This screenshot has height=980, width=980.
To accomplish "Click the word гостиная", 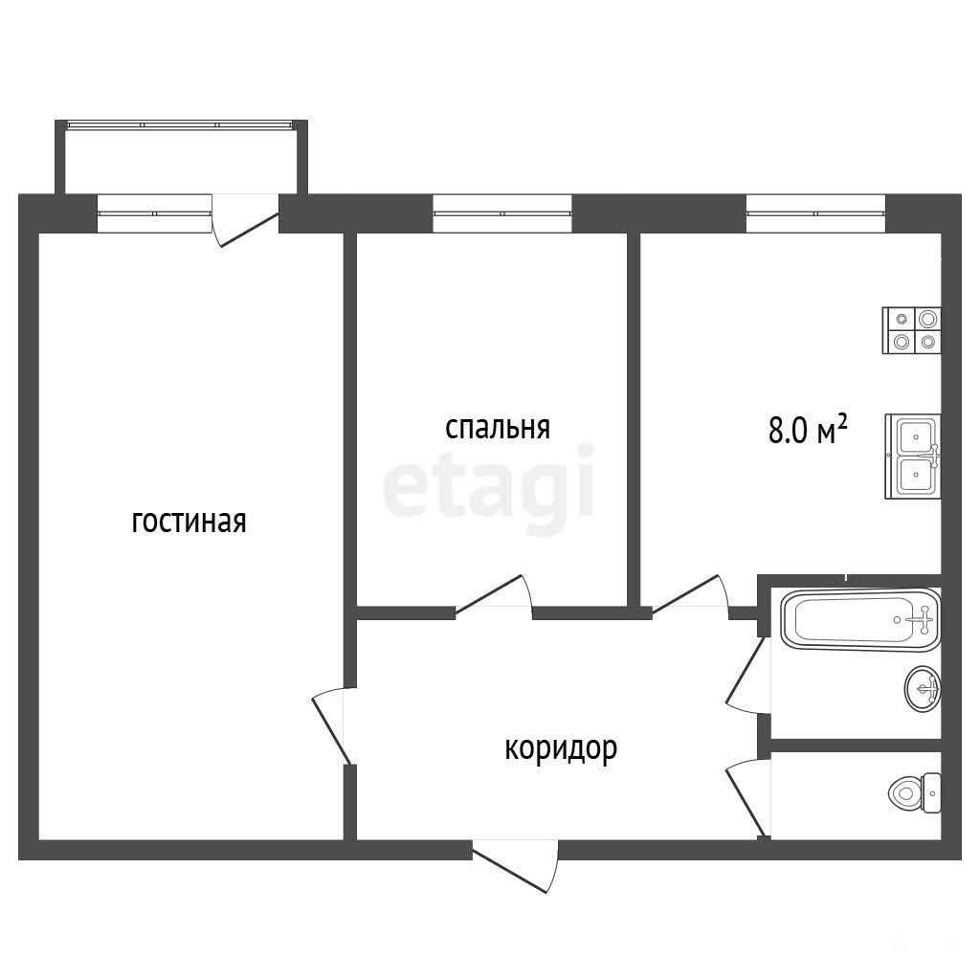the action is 189,523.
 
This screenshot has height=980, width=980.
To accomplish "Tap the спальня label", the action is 498,428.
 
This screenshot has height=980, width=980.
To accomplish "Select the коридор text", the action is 561,748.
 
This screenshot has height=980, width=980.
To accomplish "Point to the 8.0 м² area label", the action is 808,430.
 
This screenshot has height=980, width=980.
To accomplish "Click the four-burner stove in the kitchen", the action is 911,330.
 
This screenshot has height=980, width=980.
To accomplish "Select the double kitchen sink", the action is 913,457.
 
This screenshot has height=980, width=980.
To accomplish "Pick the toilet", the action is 914,793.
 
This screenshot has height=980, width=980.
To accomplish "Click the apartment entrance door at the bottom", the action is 515,867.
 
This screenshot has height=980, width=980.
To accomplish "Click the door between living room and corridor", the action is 329,725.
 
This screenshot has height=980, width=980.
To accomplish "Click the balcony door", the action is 246,220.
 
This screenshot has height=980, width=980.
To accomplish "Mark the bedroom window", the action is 502,213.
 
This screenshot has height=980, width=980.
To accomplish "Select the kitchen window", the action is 816,213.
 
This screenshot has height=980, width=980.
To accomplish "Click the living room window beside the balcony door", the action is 155,213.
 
